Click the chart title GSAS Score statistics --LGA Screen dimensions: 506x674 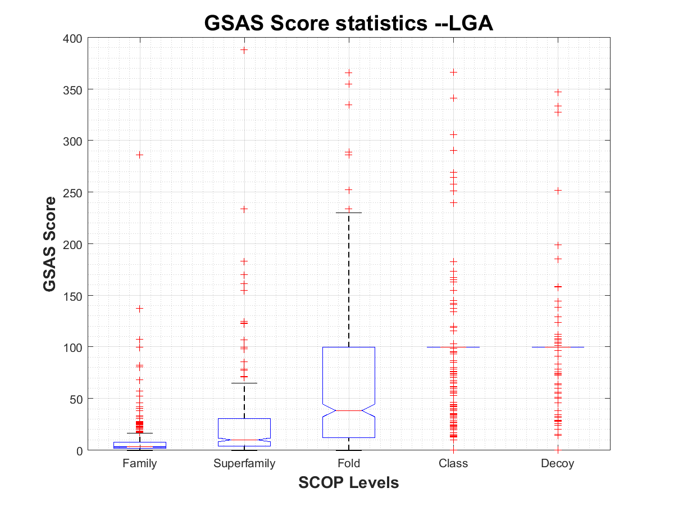point(348,23)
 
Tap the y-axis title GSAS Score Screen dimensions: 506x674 point(50,244)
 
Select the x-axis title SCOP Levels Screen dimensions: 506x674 point(348,482)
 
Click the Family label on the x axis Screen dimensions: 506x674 point(139,464)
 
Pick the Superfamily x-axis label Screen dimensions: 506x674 point(244,464)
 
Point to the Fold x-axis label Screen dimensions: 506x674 point(349,464)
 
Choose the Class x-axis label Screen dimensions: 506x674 point(453,464)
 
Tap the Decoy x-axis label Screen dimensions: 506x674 point(558,464)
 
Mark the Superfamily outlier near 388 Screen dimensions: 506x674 point(244,50)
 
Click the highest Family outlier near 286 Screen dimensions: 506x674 point(140,155)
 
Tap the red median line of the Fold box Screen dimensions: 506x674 point(349,411)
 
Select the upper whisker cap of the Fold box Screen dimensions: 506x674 point(349,213)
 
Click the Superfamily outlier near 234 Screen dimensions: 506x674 point(244,209)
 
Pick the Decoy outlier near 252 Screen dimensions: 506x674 point(558,191)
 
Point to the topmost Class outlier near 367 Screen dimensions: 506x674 point(453,73)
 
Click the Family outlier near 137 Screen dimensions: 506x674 point(140,309)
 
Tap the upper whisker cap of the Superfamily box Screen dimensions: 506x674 point(244,383)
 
